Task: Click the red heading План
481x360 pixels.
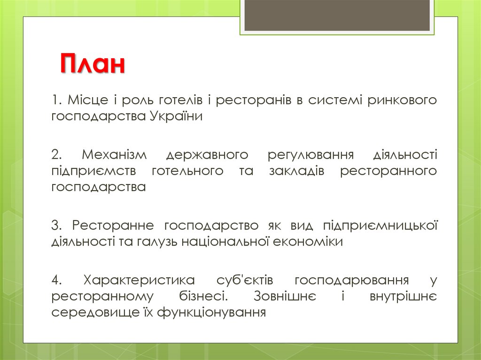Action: pos(93,64)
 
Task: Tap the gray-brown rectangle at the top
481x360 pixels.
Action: pos(337,15)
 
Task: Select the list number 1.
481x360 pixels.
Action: pos(57,100)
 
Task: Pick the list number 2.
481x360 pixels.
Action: pos(57,154)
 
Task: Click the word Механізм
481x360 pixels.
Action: pos(115,154)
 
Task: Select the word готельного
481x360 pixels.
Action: pos(187,171)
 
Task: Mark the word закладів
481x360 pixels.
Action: pos(297,171)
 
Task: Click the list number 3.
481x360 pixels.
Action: pos(57,226)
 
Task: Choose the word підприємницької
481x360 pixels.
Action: pos(380,226)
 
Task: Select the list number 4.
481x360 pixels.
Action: pos(57,280)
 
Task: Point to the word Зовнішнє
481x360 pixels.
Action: pos(285,296)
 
